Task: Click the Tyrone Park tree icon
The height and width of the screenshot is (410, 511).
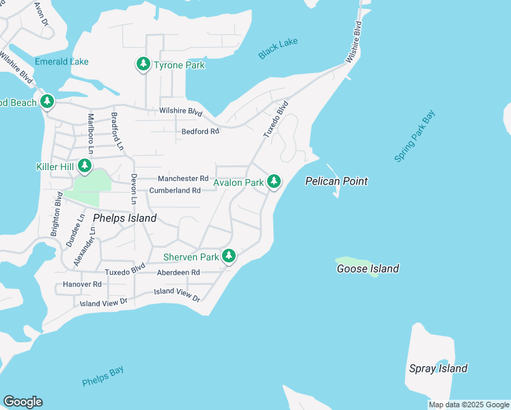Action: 143,64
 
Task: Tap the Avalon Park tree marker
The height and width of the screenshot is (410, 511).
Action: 273,181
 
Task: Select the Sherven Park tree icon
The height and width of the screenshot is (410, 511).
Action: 229,256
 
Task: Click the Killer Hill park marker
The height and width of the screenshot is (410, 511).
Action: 85,166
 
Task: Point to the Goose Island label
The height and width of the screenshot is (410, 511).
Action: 368,269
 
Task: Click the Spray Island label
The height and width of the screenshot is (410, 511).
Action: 438,368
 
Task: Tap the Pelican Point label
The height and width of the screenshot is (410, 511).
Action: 336,181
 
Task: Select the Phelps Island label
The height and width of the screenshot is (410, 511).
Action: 124,218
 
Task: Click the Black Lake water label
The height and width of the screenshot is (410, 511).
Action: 278,49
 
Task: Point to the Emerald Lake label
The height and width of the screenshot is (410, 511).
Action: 61,61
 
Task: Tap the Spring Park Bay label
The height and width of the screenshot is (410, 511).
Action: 415,137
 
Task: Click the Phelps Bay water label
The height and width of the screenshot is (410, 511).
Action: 102,376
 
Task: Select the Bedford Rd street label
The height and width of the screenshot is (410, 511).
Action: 200,131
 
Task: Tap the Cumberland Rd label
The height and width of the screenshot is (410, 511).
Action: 175,191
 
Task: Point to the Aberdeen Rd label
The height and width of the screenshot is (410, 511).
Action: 178,272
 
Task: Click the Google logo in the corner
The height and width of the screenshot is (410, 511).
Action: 23,402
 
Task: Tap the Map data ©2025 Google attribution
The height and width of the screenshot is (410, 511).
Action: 468,405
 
